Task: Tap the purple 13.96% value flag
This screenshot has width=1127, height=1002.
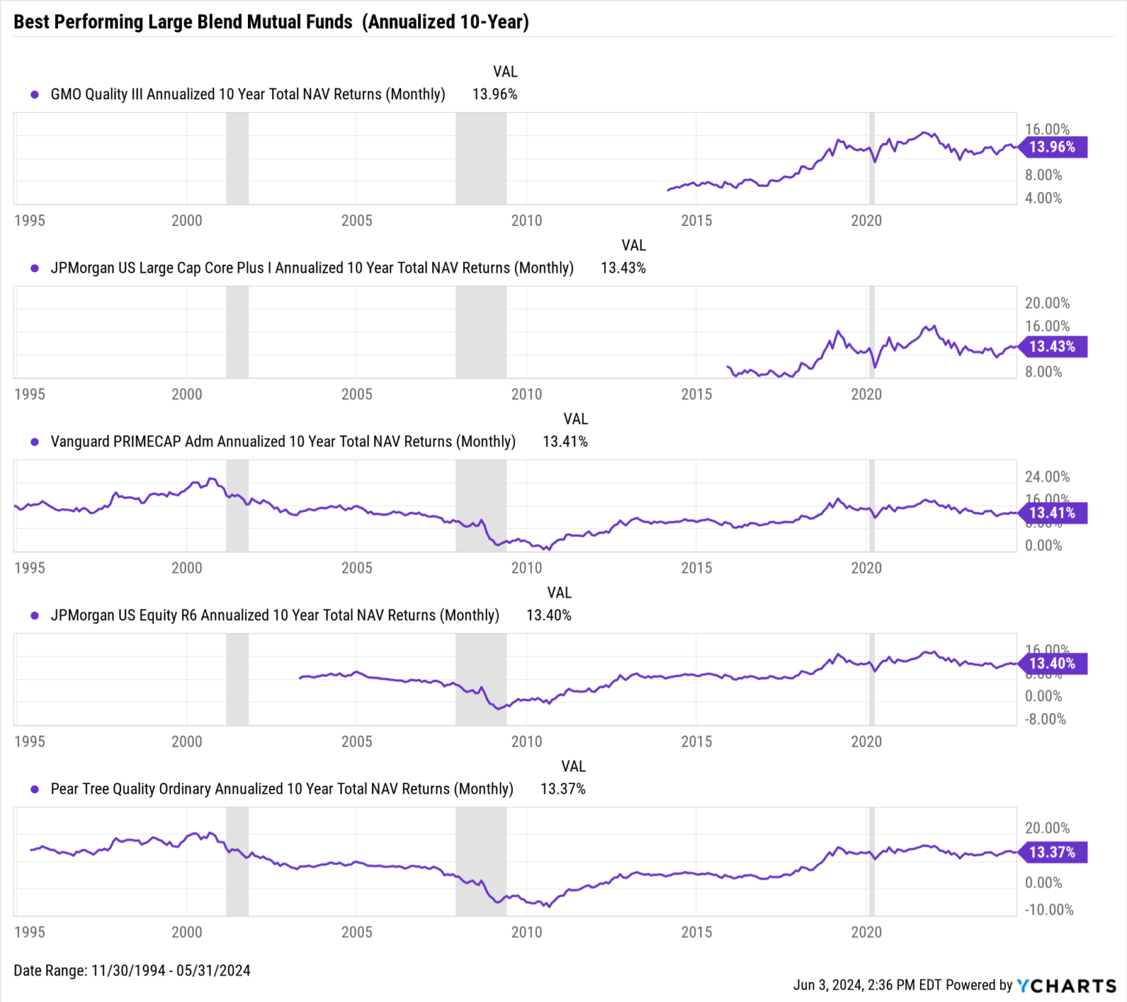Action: pyautogui.click(x=1052, y=147)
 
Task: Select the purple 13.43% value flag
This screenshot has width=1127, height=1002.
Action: pyautogui.click(x=1052, y=347)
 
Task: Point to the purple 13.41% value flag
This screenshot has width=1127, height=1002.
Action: pyautogui.click(x=1052, y=513)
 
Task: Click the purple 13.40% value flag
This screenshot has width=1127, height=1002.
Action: pyautogui.click(x=1052, y=664)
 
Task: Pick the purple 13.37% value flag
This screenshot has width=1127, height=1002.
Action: pyautogui.click(x=1052, y=852)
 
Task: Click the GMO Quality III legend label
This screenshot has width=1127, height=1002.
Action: pyautogui.click(x=247, y=95)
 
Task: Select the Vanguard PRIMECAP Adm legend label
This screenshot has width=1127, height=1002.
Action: pyautogui.click(x=282, y=442)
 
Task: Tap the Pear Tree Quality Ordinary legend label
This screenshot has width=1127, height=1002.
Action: pyautogui.click(x=281, y=789)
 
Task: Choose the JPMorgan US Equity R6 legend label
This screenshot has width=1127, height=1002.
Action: pyautogui.click(x=274, y=615)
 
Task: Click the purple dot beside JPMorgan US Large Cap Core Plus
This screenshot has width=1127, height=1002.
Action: pyautogui.click(x=34, y=268)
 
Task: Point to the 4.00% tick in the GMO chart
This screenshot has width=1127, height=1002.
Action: pyautogui.click(x=1043, y=198)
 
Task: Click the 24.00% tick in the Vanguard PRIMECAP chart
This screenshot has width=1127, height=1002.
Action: pyautogui.click(x=1046, y=477)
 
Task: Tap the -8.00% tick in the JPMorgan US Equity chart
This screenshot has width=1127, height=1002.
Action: pyautogui.click(x=1045, y=719)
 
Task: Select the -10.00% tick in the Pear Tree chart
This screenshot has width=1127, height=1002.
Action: pyautogui.click(x=1048, y=910)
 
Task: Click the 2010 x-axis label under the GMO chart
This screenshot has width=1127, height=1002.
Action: pyautogui.click(x=526, y=221)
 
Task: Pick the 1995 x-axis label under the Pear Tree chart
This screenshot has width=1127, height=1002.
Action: pyautogui.click(x=29, y=932)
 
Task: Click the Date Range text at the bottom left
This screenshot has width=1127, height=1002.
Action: pyautogui.click(x=132, y=970)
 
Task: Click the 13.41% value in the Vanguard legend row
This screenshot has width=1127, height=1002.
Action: pyautogui.click(x=565, y=442)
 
